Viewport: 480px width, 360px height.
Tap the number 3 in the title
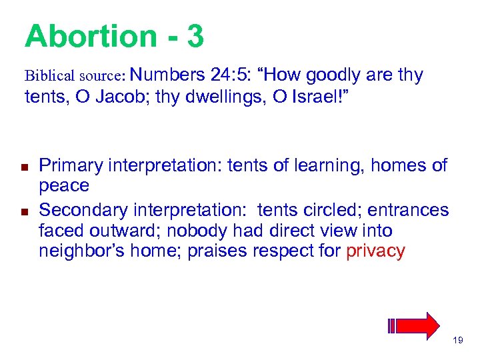(195, 36)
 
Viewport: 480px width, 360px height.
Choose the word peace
(64, 186)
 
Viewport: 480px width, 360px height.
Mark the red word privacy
(376, 251)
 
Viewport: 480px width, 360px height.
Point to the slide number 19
(457, 341)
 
